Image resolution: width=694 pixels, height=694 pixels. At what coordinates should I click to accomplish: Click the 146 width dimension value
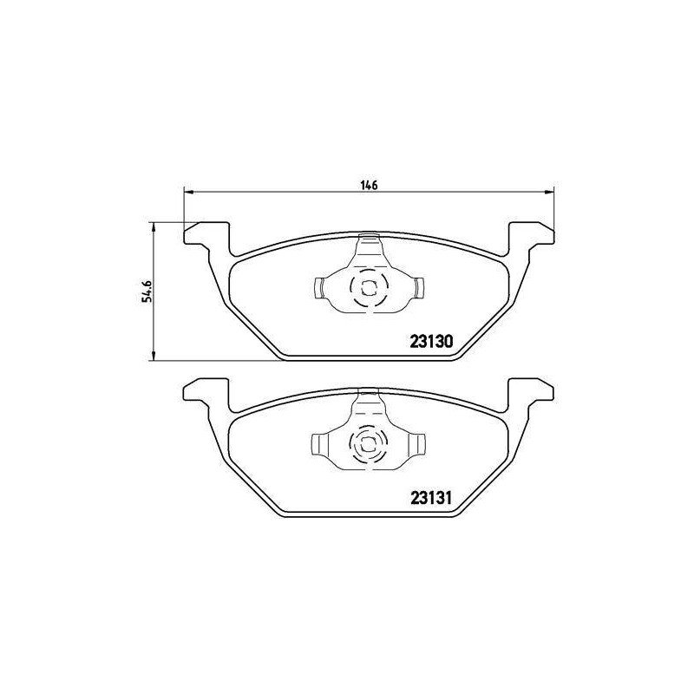tap(370, 185)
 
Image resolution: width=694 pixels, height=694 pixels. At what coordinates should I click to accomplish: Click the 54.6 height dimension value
tap(147, 291)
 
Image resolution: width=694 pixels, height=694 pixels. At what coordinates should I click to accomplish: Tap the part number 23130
tap(431, 341)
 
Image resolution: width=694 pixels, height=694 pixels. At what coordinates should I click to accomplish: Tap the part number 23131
tap(431, 499)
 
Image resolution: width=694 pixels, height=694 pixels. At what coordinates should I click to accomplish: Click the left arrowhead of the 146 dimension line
tap(188, 192)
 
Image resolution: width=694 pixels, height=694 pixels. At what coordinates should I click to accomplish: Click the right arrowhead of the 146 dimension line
tap(549, 192)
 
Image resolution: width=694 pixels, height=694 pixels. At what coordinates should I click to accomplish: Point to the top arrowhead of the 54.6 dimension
tap(154, 227)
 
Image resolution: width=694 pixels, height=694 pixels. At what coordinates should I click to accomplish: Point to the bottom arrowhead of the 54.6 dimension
tap(154, 356)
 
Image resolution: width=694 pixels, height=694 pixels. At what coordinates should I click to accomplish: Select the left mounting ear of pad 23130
tap(206, 237)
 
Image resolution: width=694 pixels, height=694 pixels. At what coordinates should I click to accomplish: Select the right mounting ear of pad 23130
tap(531, 237)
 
